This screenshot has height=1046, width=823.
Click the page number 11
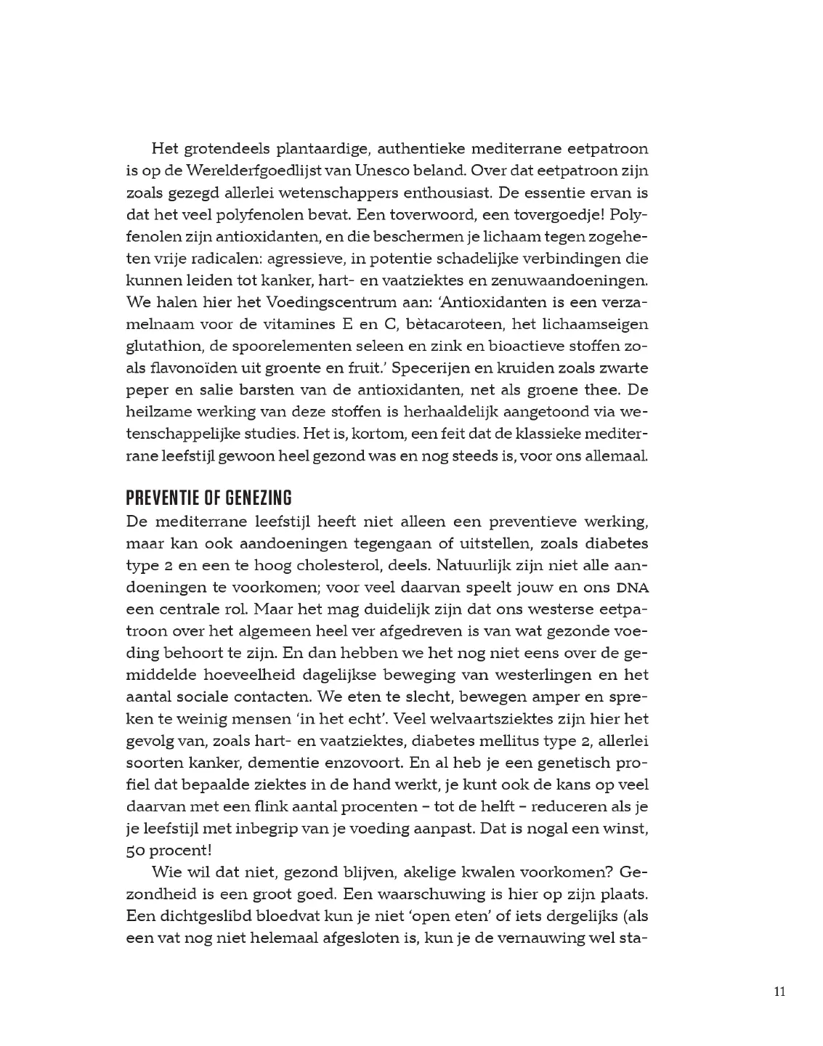click(x=779, y=993)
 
